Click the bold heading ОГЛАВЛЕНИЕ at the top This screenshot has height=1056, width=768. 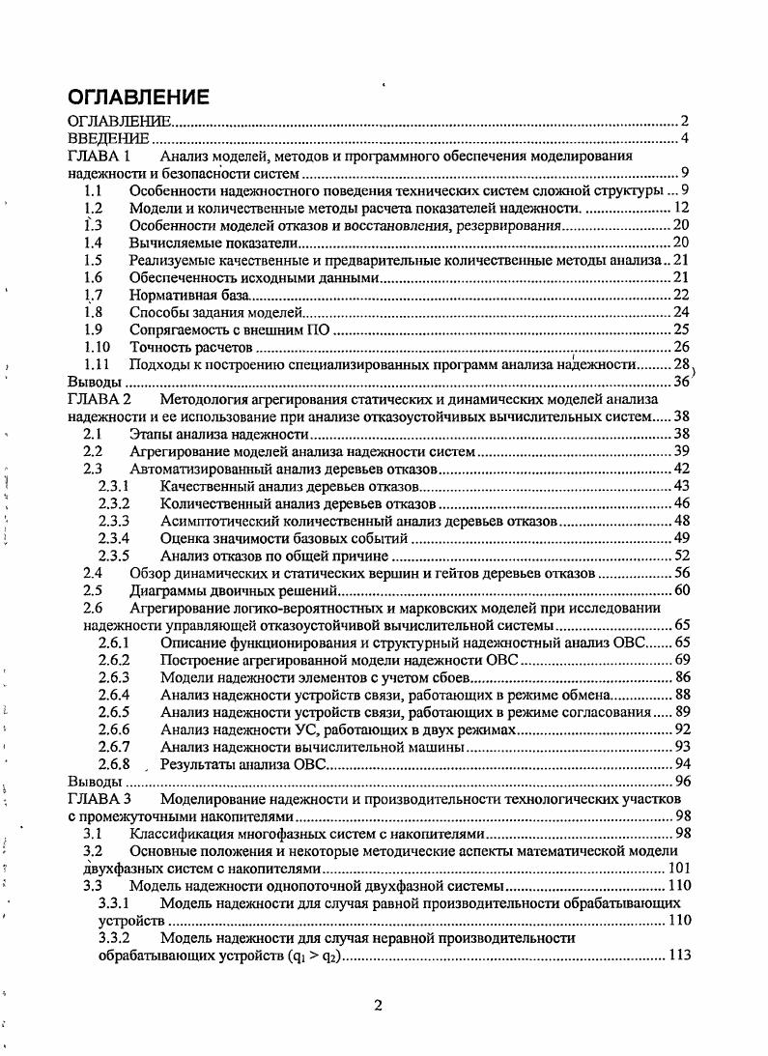pos(137,98)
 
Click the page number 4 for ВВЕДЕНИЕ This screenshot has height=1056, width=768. pos(683,139)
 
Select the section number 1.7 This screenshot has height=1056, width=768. pos(93,295)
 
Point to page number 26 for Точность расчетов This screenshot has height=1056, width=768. pos(679,347)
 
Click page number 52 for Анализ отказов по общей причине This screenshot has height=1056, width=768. pos(679,556)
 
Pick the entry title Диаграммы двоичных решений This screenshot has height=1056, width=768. pos(232,590)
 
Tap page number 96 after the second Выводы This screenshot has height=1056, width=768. pos(679,781)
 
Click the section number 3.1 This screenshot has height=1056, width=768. pos(93,833)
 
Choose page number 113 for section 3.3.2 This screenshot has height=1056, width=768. pos(677,955)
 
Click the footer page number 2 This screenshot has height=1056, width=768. pos(378,1005)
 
